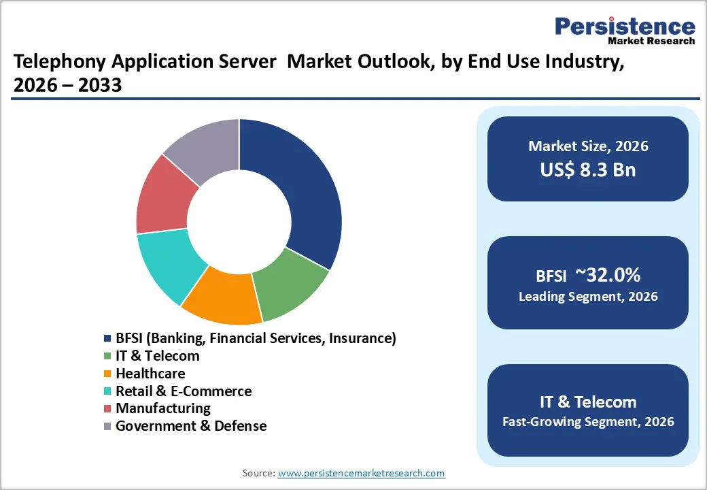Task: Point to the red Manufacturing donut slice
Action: (163, 197)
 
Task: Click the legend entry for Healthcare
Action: (150, 374)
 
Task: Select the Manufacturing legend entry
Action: (163, 408)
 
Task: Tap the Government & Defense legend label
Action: (191, 426)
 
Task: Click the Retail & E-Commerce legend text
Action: (184, 391)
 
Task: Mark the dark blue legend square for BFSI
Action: (107, 338)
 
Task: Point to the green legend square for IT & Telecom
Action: (107, 356)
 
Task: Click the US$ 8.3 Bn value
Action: (588, 169)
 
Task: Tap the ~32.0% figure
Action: (607, 275)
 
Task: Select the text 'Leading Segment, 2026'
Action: (588, 297)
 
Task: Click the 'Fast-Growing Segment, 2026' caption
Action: (588, 422)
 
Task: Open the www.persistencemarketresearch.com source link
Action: (361, 473)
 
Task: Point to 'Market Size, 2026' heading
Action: (588, 146)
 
